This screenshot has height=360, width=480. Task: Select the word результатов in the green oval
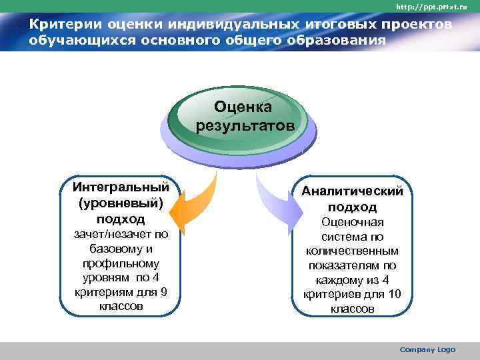pos(243,125)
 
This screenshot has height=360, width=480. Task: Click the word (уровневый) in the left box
pos(121,202)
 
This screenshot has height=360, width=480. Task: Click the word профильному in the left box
pos(121,263)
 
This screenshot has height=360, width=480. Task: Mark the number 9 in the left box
pos(164,293)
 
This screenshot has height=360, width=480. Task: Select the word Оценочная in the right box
pos(352,222)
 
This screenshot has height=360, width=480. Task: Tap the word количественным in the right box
pos(352,251)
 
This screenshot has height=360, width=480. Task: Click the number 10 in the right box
pos(395,294)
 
